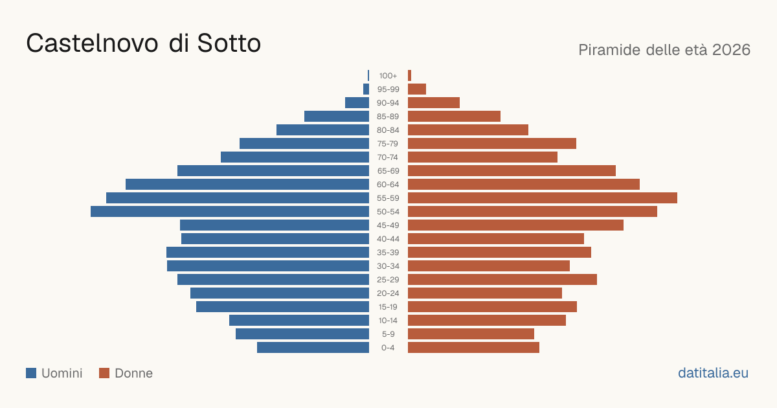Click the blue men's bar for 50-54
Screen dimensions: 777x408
pyautogui.click(x=230, y=212)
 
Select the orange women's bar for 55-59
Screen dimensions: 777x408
pyautogui.click(x=543, y=198)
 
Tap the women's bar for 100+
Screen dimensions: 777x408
pyautogui.click(x=410, y=76)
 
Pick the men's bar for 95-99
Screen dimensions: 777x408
pyautogui.click(x=366, y=89)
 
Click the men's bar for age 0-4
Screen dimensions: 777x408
pyautogui.click(x=313, y=348)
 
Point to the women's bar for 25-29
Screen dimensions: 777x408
pyautogui.click(x=502, y=280)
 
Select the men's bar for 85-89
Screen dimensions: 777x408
pyautogui.click(x=337, y=116)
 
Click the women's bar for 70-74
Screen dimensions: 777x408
pyautogui.click(x=482, y=157)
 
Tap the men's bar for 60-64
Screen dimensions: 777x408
pyautogui.click(x=247, y=184)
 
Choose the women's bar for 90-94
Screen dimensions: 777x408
pyautogui.click(x=434, y=103)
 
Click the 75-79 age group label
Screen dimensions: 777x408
pyautogui.click(x=388, y=144)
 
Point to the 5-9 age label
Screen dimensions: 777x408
pyautogui.click(x=388, y=334)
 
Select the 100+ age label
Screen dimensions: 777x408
pyautogui.click(x=388, y=76)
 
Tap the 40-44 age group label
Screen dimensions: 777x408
pyautogui.click(x=388, y=239)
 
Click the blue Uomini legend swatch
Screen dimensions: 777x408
pyautogui.click(x=31, y=373)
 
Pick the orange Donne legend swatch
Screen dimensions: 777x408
pyautogui.click(x=104, y=373)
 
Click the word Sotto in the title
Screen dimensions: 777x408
pyautogui.click(x=229, y=43)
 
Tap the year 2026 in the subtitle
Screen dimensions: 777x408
pyautogui.click(x=731, y=50)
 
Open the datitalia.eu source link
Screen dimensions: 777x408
pyautogui.click(x=713, y=373)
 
